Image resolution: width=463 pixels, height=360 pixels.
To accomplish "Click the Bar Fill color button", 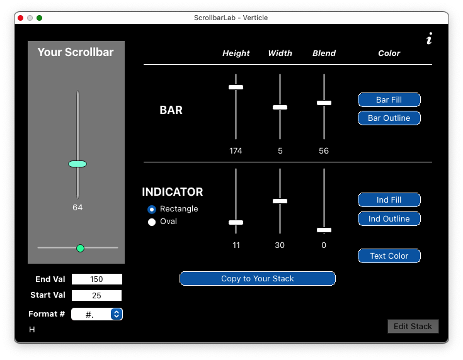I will [x=389, y=99].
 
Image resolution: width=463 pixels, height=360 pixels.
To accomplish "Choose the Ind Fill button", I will [x=389, y=200].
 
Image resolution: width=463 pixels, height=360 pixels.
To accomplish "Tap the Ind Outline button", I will [x=389, y=219].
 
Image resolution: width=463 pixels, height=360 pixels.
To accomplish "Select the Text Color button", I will [x=389, y=256].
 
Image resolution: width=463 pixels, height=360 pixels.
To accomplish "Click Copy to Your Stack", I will [x=257, y=279].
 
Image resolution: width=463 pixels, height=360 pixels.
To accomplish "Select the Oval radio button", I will [x=152, y=222].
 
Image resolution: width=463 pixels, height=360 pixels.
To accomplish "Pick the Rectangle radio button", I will [x=152, y=209].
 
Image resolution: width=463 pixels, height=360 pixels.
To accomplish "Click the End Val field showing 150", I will [x=96, y=279].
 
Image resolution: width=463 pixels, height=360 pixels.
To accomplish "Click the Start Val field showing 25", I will [x=96, y=295].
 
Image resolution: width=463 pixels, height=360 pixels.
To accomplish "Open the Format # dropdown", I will [x=116, y=314].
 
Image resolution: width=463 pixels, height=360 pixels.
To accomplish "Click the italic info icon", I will [x=429, y=40].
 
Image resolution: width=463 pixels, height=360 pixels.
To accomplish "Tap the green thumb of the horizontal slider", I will [x=80, y=248].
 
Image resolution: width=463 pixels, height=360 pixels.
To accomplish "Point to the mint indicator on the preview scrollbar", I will [x=77, y=164].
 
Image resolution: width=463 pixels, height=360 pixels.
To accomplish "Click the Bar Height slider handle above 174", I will [x=236, y=87].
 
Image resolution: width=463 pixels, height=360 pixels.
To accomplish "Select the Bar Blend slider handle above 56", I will [x=324, y=103].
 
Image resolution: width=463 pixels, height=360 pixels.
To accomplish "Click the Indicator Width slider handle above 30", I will [x=280, y=201].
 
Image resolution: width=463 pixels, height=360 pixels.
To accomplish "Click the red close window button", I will [x=21, y=18].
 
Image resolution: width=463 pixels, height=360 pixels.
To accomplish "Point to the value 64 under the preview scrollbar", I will [x=77, y=208].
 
